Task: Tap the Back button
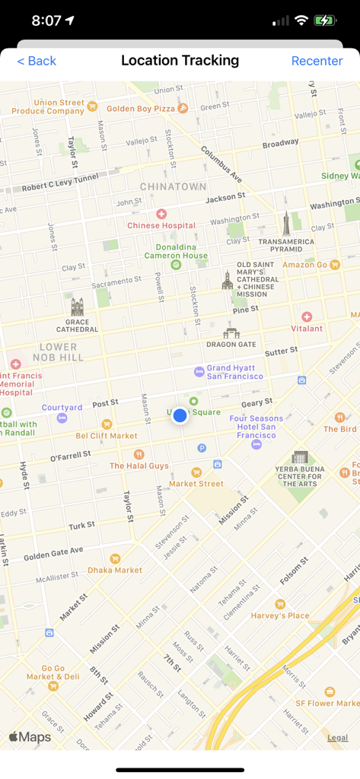tap(37, 61)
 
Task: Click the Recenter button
tap(317, 61)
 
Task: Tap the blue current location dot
tap(180, 415)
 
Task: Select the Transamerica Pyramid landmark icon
tap(286, 223)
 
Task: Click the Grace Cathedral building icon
tap(77, 307)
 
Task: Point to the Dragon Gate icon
tap(231, 332)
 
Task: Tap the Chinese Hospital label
tap(161, 225)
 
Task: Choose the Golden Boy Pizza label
tap(141, 109)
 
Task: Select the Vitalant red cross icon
tap(307, 316)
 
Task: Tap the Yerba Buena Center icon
tap(300, 457)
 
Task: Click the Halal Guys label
tap(139, 466)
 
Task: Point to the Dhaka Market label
tap(115, 569)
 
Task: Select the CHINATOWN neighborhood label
tap(173, 186)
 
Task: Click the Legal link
tap(337, 737)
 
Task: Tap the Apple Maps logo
tap(30, 736)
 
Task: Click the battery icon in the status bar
tap(325, 21)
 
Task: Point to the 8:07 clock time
tap(47, 21)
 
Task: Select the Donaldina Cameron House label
tap(176, 251)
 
